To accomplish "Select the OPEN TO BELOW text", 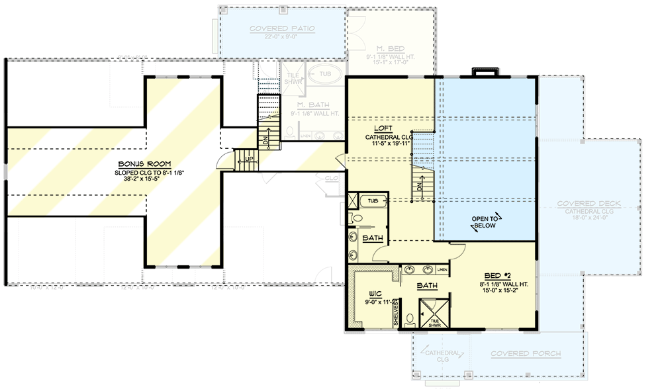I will coord(485,222).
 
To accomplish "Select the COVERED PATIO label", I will coord(282,29).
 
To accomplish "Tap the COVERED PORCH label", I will coord(526,354).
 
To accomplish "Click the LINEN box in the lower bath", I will coord(442,270).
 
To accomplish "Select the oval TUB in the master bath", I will coord(325,74).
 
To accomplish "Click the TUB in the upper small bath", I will coord(372,200).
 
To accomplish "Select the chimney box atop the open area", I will coord(482,71).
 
